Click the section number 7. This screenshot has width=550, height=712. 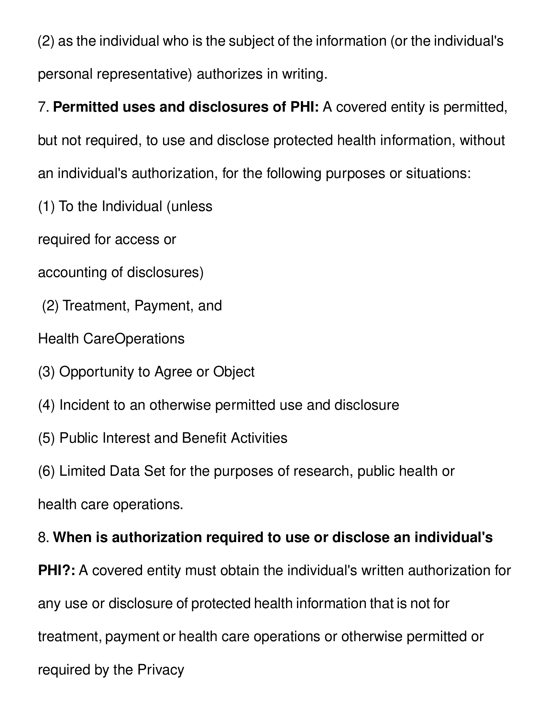43,107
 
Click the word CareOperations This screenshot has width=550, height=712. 134,339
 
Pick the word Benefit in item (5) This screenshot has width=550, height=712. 204,438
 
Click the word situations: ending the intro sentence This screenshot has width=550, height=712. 438,173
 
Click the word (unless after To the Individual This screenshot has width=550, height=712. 189,206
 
